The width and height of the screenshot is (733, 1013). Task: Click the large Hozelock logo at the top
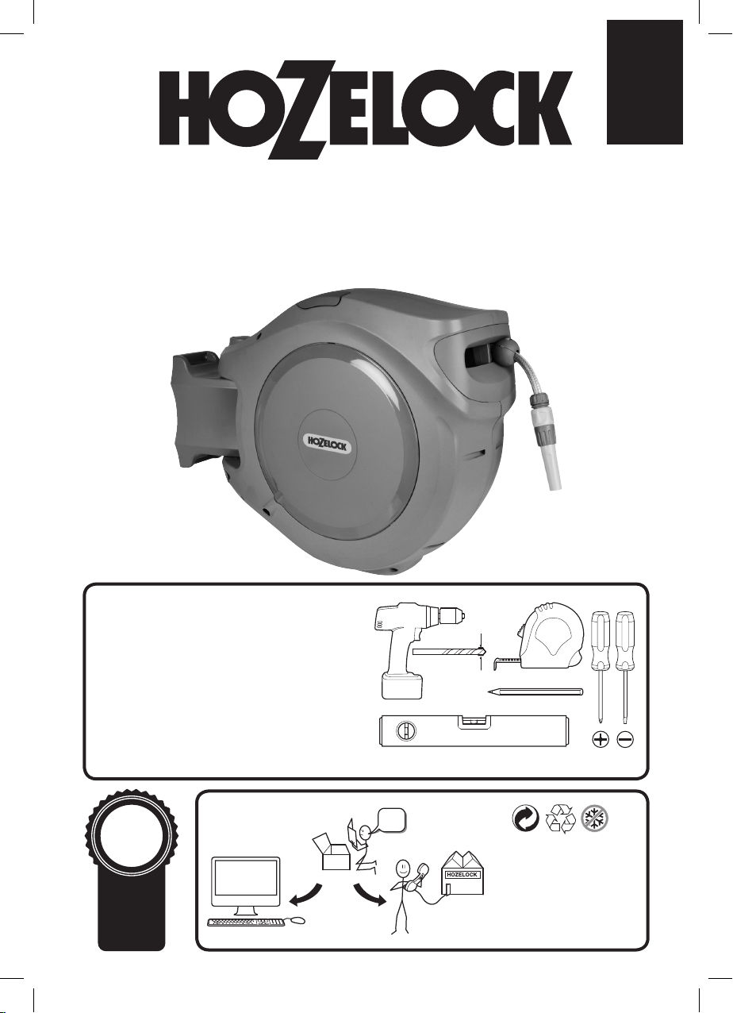point(366,110)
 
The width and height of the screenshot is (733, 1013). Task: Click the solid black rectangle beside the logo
point(644,82)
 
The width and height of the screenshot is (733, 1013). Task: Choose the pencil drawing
point(535,691)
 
